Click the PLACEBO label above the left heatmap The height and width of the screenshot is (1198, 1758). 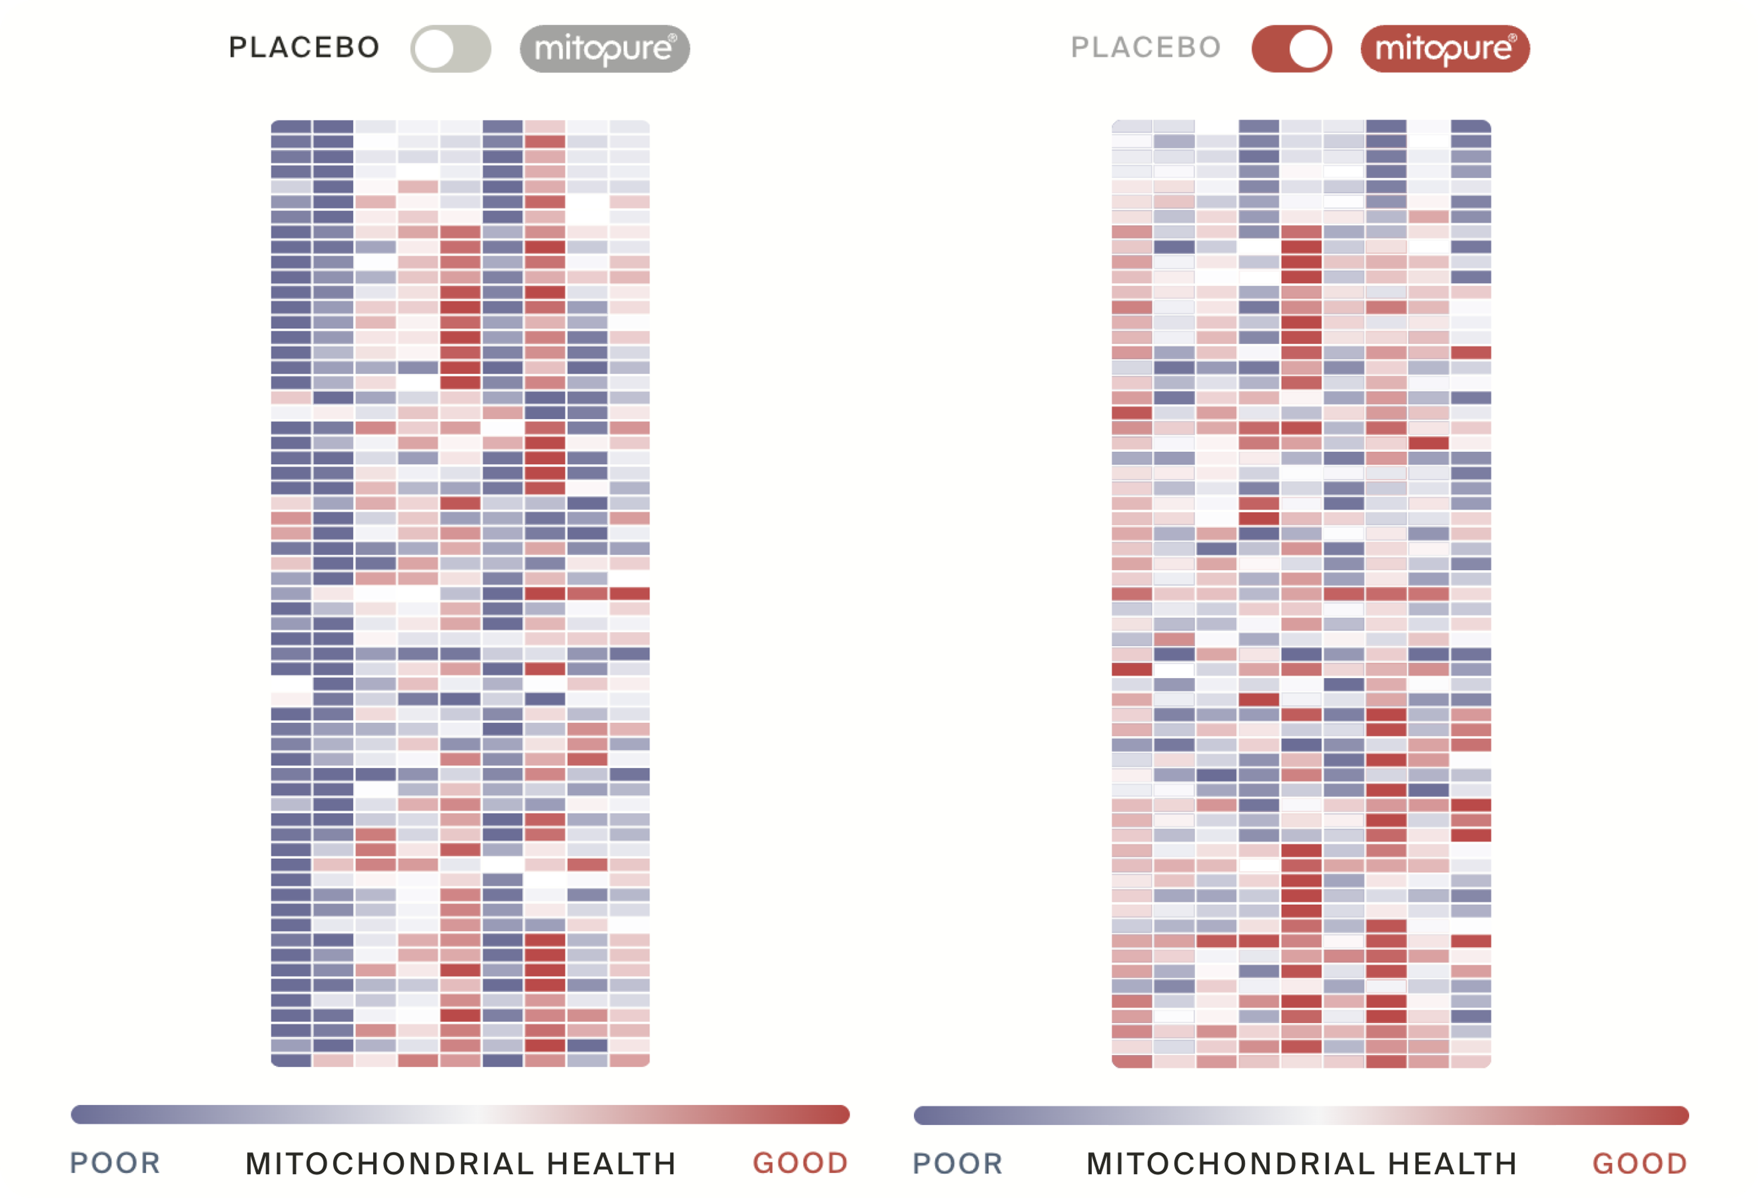304,48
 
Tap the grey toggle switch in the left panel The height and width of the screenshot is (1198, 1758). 451,49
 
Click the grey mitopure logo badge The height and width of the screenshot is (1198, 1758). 604,49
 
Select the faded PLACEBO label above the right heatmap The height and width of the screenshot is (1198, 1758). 1146,48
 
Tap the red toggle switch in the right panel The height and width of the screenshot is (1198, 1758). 1292,49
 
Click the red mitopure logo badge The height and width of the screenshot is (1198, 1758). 1445,49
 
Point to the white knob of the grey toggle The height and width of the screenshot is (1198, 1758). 434,49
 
